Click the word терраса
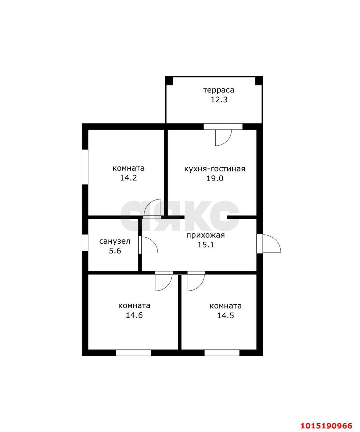219,90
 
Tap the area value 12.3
219,100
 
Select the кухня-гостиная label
215,169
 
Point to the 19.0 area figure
215,178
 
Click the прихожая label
205,236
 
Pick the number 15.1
206,245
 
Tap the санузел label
115,241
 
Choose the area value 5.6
115,251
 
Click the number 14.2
129,178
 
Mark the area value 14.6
134,315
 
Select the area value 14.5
225,316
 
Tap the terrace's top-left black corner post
169,81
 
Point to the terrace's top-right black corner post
259,81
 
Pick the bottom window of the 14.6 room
134,353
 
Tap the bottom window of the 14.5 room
222,353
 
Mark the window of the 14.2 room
85,167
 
